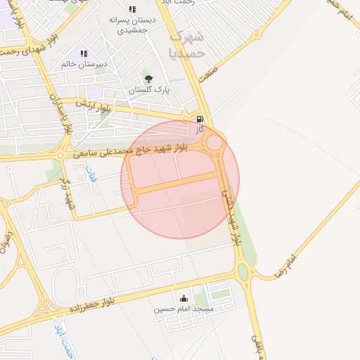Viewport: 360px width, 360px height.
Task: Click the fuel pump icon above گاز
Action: (x=200, y=119)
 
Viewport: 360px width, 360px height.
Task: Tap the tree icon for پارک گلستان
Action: (x=148, y=79)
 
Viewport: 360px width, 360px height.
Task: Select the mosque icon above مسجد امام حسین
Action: (x=184, y=298)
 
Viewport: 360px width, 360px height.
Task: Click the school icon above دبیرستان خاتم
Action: (x=84, y=53)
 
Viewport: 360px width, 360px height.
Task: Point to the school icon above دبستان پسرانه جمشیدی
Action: (x=131, y=9)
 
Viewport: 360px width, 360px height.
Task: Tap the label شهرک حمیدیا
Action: (x=188, y=44)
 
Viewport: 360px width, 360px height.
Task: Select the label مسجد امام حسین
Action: (x=184, y=309)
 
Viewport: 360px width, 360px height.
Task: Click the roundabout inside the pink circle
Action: (x=214, y=143)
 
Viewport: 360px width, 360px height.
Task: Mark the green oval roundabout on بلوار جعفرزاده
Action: (x=243, y=272)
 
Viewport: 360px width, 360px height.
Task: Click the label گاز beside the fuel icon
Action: (x=200, y=130)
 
